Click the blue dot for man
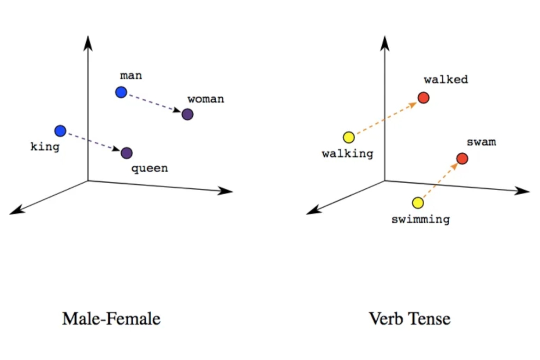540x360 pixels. [x=121, y=92]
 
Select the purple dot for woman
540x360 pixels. [x=187, y=114]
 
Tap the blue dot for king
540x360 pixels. [x=60, y=131]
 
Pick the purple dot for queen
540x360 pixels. [x=126, y=153]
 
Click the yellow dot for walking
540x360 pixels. [x=349, y=137]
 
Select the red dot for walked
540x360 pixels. [x=423, y=98]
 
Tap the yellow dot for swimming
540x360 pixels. [x=417, y=203]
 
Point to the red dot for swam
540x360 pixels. [x=462, y=159]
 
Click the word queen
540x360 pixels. [x=150, y=168]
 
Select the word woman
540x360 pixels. [x=206, y=99]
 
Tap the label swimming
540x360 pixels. [x=420, y=219]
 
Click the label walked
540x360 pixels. [x=446, y=79]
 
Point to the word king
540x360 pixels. [x=45, y=147]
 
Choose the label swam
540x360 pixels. [x=481, y=142]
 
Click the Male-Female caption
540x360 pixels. [x=111, y=319]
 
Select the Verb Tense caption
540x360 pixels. [x=409, y=319]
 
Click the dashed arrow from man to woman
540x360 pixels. [x=154, y=103]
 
